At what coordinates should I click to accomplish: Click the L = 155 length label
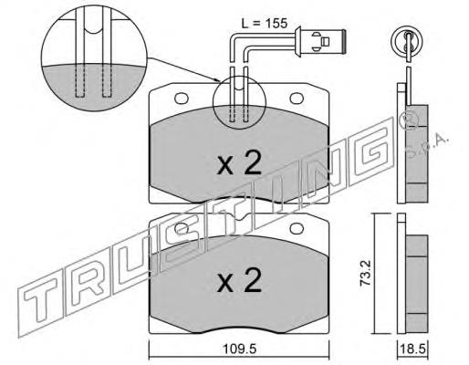(x=264, y=24)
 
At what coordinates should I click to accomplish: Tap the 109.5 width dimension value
(x=240, y=349)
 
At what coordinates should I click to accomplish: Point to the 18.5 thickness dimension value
(x=412, y=349)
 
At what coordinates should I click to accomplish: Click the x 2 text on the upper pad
(x=239, y=163)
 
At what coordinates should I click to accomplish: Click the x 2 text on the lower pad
(x=239, y=280)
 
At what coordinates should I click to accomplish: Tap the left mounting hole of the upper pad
(x=182, y=99)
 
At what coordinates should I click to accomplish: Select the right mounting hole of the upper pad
(x=297, y=99)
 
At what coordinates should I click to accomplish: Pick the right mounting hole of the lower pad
(x=297, y=228)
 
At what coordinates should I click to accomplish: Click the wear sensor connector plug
(x=320, y=41)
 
